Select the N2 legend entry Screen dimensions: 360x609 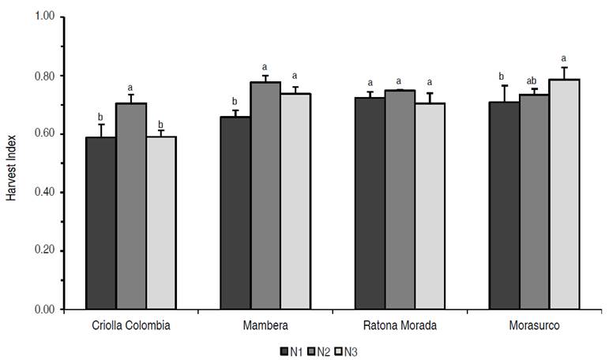point(318,350)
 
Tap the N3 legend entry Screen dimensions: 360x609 point(348,350)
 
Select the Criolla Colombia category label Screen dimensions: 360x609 point(131,324)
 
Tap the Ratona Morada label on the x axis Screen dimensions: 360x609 point(400,324)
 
